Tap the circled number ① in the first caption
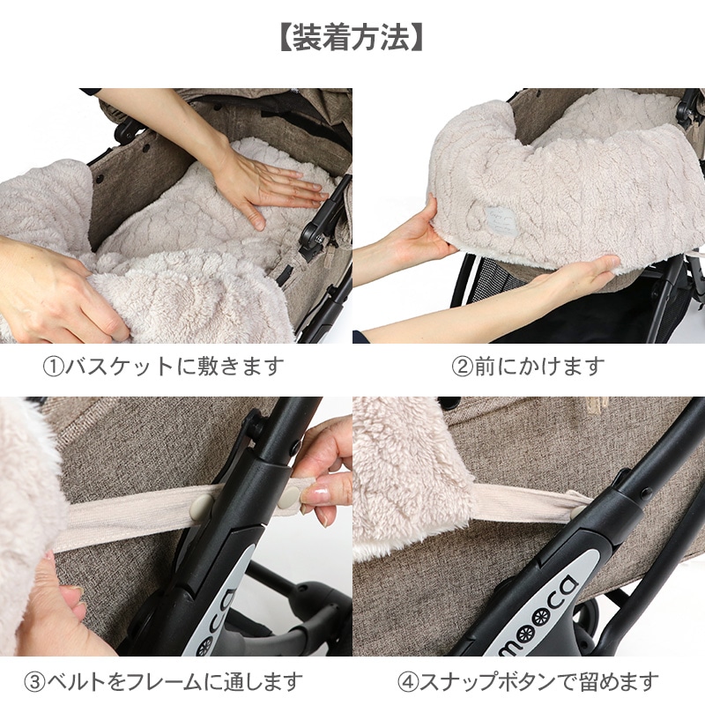[x=56, y=366]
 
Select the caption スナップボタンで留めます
[x=538, y=681]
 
